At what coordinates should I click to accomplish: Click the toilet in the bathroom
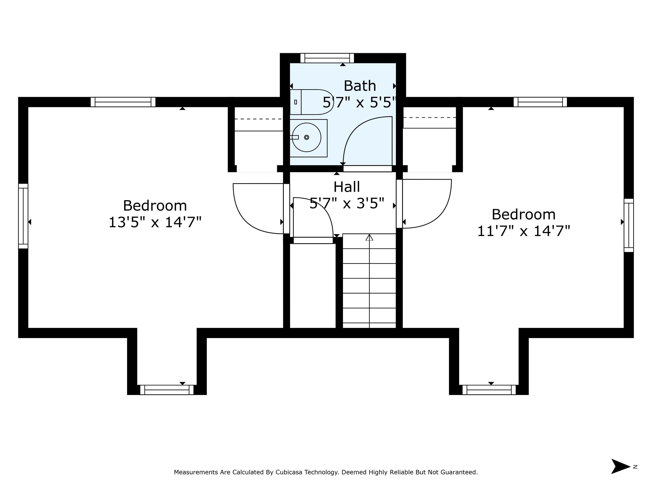click(312, 102)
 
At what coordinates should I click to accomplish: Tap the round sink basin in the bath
click(306, 137)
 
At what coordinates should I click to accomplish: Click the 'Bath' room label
click(360, 86)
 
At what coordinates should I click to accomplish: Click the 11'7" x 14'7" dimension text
click(524, 231)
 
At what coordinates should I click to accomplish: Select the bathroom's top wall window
click(327, 58)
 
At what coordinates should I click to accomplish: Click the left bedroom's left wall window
click(23, 216)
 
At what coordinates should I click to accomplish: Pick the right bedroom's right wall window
click(629, 226)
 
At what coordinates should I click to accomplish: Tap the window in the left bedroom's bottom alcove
click(167, 390)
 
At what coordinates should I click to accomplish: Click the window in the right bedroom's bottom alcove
click(489, 390)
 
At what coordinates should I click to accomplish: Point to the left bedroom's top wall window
click(123, 102)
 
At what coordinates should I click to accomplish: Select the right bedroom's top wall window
click(540, 102)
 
